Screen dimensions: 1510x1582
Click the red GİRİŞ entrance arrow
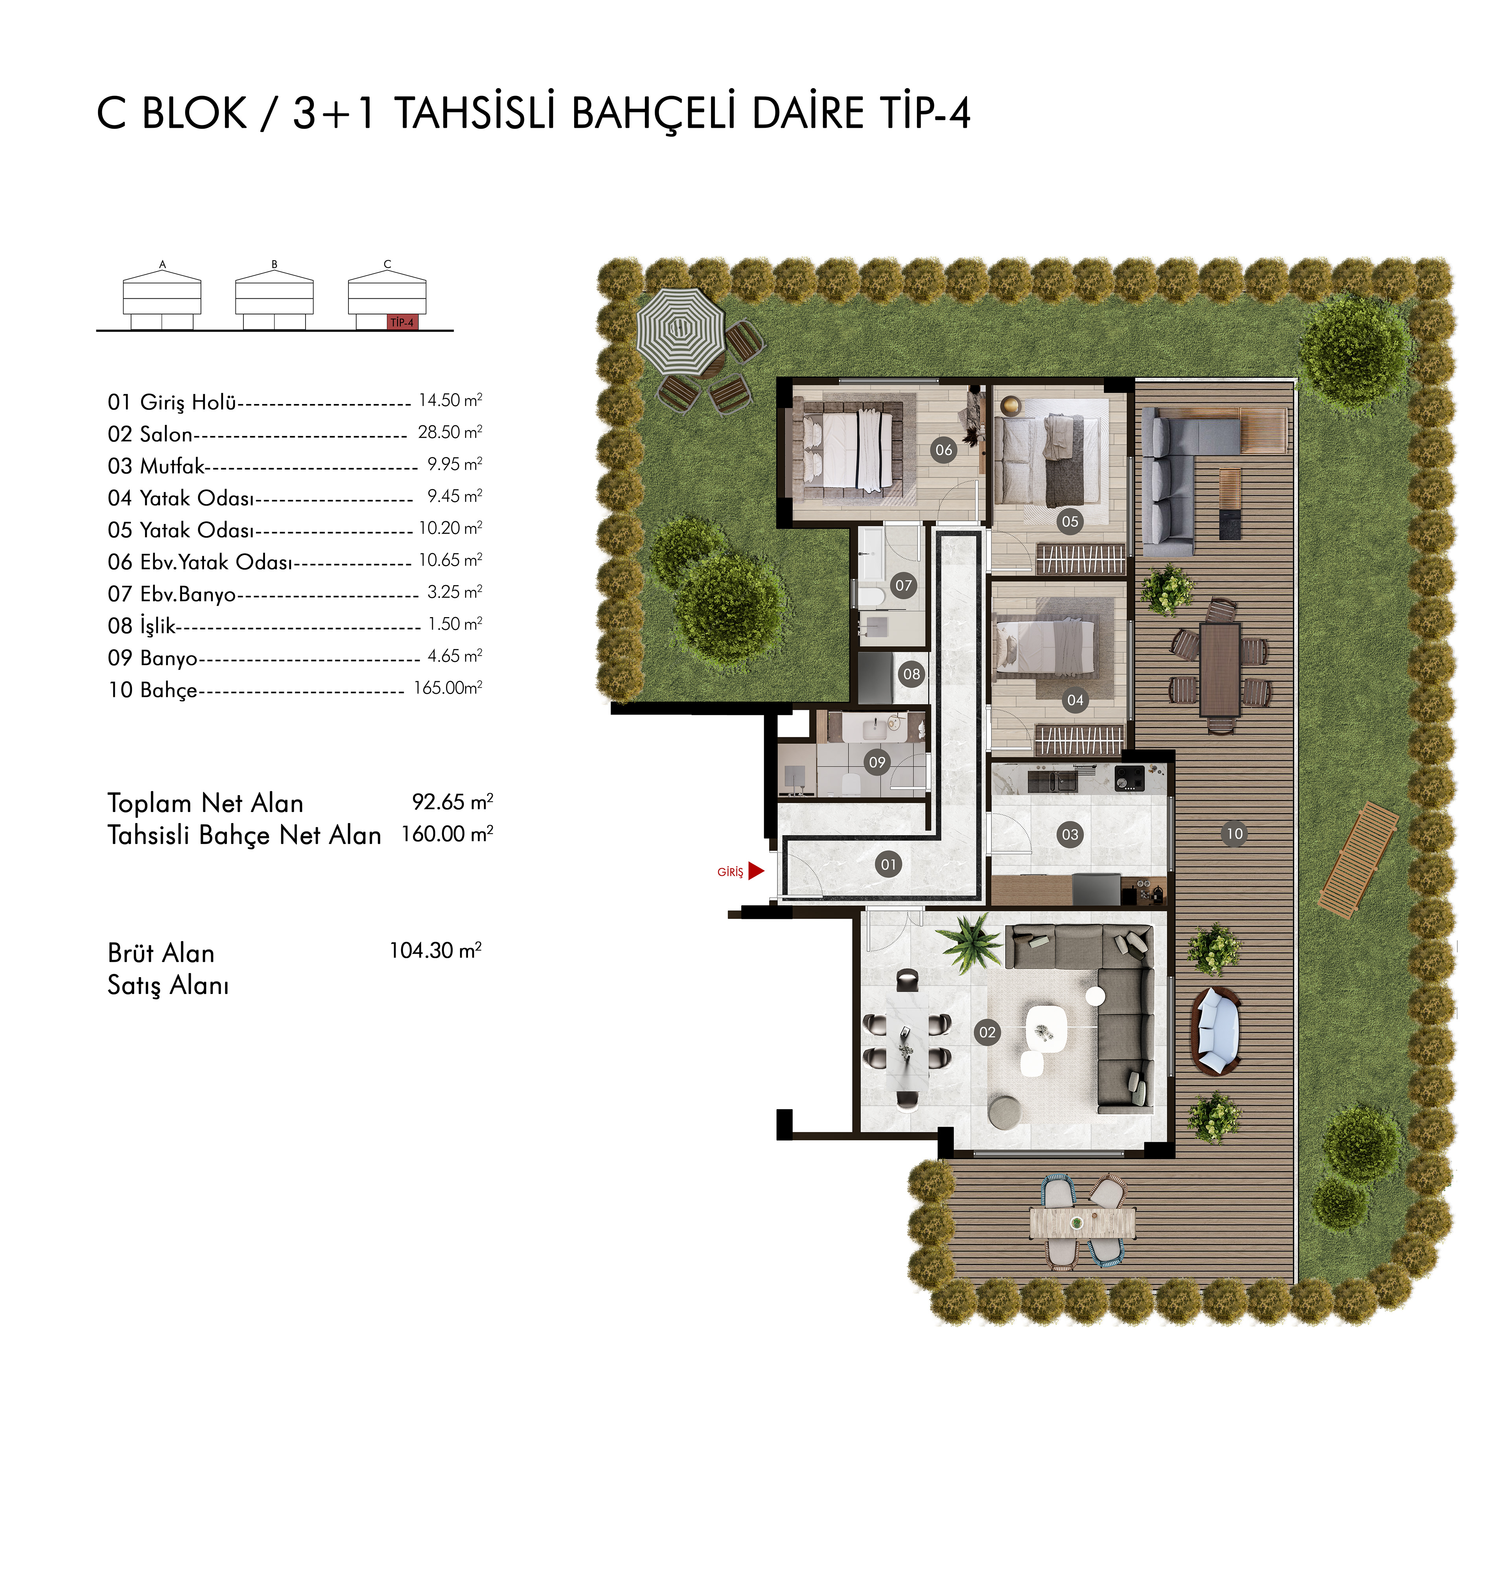tap(755, 871)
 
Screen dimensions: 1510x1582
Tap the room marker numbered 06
tap(943, 450)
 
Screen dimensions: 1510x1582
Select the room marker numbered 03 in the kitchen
tap(1070, 834)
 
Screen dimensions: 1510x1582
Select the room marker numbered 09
tap(877, 762)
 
